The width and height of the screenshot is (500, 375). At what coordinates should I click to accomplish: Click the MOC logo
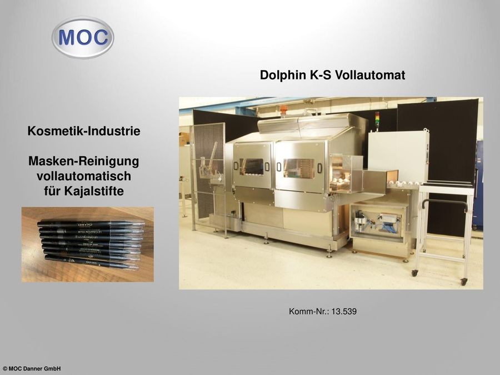click(83, 37)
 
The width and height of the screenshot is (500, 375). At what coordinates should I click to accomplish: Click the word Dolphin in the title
click(282, 75)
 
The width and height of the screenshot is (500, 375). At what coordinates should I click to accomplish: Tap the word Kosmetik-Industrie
click(83, 132)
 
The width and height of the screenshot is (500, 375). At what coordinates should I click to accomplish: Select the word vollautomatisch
click(83, 176)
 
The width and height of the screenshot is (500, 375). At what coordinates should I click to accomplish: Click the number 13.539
click(343, 312)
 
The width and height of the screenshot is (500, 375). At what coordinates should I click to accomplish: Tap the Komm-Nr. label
click(308, 312)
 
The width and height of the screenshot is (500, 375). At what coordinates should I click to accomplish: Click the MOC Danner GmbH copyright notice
click(32, 369)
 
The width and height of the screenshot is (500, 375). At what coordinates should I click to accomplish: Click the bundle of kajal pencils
click(89, 243)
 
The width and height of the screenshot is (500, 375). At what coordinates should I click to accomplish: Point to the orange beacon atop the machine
click(283, 109)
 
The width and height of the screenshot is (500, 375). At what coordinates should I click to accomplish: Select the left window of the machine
click(251, 166)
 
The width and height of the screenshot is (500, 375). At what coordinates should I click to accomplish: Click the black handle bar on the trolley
click(444, 203)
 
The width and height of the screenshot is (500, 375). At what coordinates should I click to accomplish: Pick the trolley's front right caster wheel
click(464, 282)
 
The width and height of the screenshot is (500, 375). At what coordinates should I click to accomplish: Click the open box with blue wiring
click(378, 223)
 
